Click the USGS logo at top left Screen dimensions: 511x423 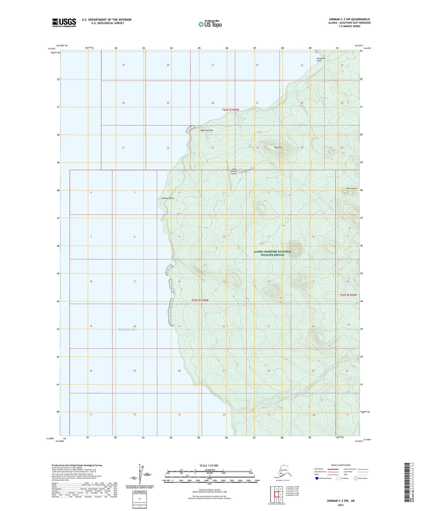coord(64,23)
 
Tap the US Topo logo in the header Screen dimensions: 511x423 coord(210,24)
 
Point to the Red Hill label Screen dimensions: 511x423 coord(278,147)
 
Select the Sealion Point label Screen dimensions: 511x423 coord(168,198)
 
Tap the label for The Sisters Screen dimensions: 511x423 coord(352,188)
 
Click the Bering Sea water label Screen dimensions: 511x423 coord(128,329)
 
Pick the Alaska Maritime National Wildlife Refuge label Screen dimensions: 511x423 coord(272,253)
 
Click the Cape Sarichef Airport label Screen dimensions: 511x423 coord(234,172)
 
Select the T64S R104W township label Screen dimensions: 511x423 coord(230,110)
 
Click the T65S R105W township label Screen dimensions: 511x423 coord(200,300)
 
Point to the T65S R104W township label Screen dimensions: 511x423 coord(348,295)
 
